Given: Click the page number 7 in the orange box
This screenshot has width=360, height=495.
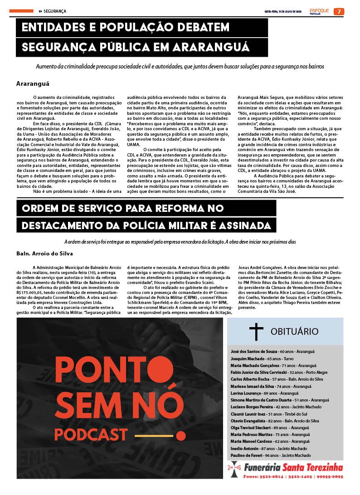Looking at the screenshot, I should (338, 11).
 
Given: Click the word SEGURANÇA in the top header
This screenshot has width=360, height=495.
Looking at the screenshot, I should (55, 11).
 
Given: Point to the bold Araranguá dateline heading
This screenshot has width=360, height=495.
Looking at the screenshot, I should (33, 84).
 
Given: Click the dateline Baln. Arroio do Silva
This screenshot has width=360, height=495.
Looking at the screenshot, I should (44, 253).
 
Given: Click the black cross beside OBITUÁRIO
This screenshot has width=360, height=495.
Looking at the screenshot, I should (256, 331).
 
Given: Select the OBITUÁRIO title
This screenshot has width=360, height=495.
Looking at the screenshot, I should (294, 331).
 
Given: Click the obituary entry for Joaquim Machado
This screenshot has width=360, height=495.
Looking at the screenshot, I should (263, 358).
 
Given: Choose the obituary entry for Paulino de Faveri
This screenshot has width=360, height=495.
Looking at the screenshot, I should (271, 455).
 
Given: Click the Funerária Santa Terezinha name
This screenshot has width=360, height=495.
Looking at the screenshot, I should (293, 467).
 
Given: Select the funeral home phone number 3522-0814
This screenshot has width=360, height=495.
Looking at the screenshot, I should (272, 477).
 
